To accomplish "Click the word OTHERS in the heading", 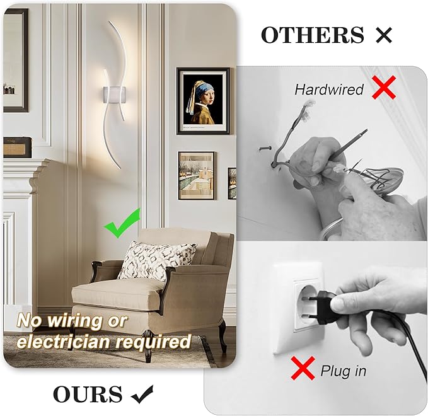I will (x=313, y=35).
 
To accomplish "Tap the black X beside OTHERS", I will (x=383, y=35).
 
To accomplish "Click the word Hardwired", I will (x=329, y=90).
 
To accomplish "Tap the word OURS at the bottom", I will (x=88, y=394).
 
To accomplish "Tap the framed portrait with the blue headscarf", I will (x=202, y=101).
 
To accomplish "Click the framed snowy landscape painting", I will (x=196, y=175).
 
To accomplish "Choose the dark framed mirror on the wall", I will (x=15, y=60).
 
